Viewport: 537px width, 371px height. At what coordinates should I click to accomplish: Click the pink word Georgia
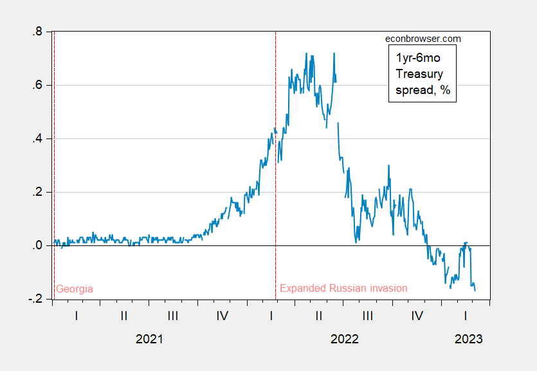pos(75,289)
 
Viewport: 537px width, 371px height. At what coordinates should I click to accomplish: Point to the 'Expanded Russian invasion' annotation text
pos(343,289)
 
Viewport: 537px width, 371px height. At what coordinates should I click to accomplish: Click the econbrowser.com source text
pos(423,39)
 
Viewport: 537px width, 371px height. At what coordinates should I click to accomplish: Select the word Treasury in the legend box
pos(419,74)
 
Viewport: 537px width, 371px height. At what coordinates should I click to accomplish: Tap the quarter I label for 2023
pos(466,316)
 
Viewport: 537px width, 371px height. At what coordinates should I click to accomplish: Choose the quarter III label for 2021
pos(173,316)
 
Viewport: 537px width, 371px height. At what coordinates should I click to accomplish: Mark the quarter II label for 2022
pos(319,316)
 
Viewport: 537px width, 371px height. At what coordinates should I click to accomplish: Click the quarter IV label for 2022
pos(417,316)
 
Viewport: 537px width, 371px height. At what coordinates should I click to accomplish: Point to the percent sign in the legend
pos(445,91)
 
